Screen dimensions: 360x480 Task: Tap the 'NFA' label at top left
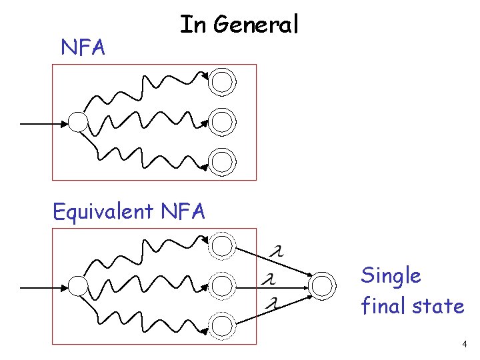click(x=83, y=47)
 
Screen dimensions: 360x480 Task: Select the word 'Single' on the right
click(x=391, y=275)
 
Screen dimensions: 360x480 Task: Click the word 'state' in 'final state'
click(x=438, y=307)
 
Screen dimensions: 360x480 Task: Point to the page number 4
click(x=464, y=345)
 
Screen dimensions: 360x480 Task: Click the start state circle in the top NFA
click(x=79, y=121)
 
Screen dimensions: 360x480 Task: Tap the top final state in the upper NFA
click(x=222, y=82)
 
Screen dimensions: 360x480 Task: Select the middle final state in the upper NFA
click(x=222, y=121)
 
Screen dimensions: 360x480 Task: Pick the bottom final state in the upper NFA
click(x=222, y=161)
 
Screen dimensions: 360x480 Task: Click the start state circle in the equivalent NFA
click(x=79, y=286)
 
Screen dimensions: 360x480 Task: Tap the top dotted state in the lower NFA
click(x=222, y=246)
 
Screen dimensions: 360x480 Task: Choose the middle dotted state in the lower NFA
click(x=222, y=286)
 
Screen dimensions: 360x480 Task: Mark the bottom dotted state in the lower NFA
click(x=222, y=325)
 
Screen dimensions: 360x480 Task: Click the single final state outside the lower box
click(x=322, y=286)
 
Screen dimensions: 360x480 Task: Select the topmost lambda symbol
click(x=275, y=251)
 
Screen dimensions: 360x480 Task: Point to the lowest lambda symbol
click(x=271, y=303)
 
